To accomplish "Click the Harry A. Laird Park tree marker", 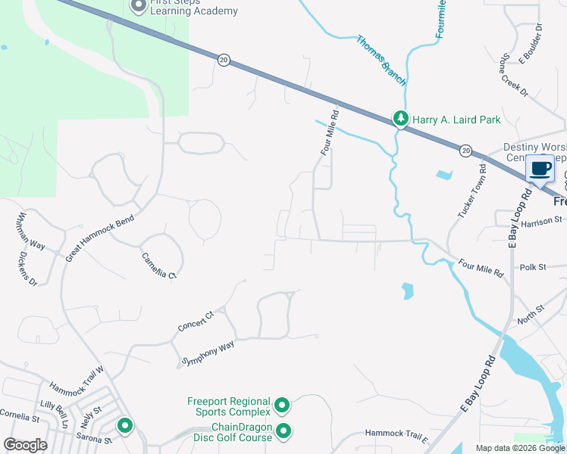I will tap(400, 118).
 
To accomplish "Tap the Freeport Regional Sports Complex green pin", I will tap(282, 406).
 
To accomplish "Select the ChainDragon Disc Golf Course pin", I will tap(284, 431).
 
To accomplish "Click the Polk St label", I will tap(533, 268).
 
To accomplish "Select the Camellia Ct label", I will tap(158, 266).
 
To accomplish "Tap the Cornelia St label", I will tap(20, 417).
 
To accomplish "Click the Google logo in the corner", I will tap(27, 445).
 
